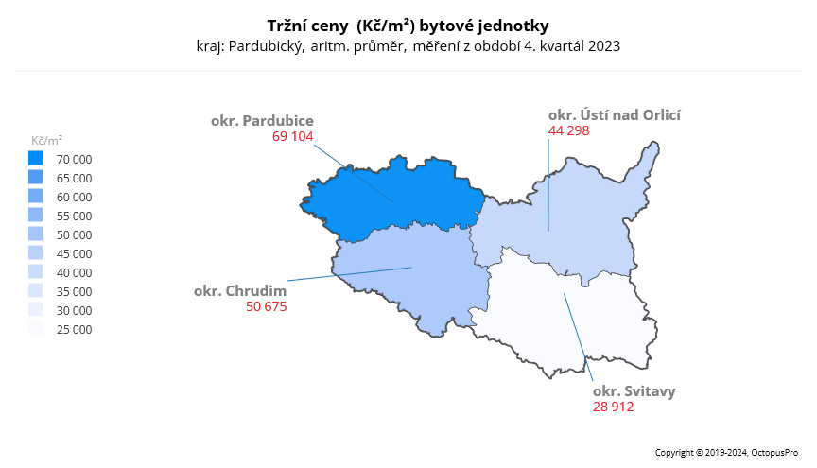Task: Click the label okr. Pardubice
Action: click(x=262, y=121)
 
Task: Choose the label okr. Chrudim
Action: click(x=240, y=291)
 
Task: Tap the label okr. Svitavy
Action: click(x=634, y=390)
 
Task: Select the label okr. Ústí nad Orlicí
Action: click(x=615, y=115)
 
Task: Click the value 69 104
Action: click(x=292, y=136)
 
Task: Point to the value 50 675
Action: click(x=266, y=306)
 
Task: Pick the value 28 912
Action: click(x=614, y=407)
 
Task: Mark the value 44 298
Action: click(x=569, y=130)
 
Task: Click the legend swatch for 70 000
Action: click(x=36, y=159)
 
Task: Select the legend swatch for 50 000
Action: click(x=36, y=234)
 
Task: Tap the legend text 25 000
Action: click(x=75, y=330)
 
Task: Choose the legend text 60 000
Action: click(x=75, y=198)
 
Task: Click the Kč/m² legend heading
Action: click(x=47, y=140)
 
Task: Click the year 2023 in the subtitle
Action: click(x=603, y=45)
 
